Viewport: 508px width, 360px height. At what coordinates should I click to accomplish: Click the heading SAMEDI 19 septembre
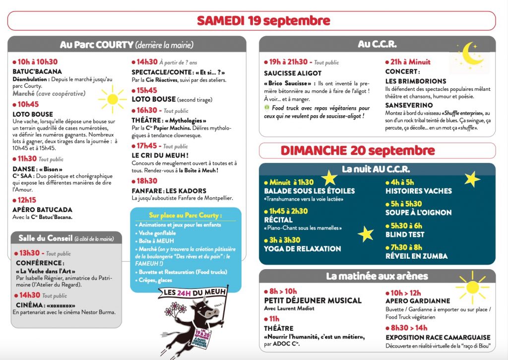point(263,21)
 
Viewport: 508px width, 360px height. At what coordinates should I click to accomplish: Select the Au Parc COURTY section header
point(127,45)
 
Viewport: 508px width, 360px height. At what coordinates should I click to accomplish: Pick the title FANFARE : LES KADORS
point(169,191)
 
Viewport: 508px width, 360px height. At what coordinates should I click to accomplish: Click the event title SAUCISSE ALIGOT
point(293,73)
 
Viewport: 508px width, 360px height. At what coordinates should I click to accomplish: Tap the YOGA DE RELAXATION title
point(302,249)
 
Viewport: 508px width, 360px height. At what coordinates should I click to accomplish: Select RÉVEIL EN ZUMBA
point(416,256)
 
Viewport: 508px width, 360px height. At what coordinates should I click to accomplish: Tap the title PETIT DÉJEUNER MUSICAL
point(313,300)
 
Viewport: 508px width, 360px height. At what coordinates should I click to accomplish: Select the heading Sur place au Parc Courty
point(186,216)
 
